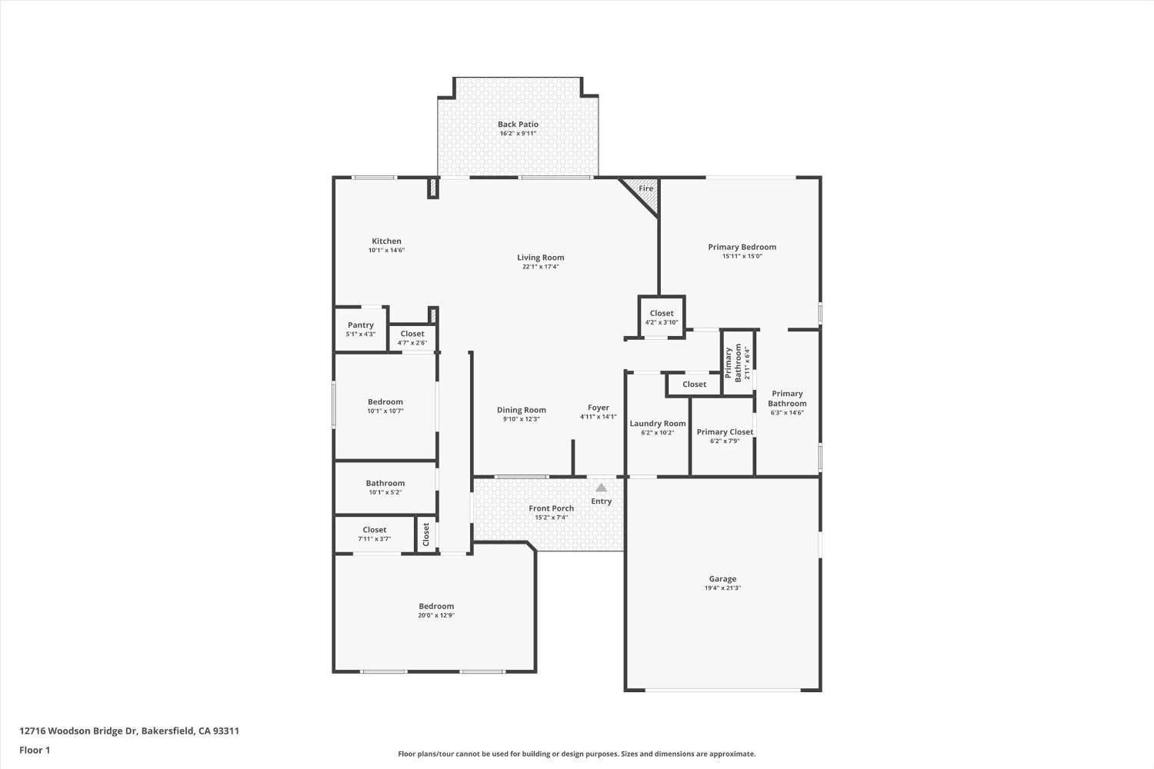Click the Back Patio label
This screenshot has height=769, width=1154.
point(518,125)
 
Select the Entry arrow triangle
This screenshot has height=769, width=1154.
point(601,488)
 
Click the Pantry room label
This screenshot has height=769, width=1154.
point(361,325)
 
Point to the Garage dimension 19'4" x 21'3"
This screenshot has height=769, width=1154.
point(722,588)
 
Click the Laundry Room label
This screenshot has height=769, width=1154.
point(658,424)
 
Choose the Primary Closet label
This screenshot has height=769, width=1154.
point(725,432)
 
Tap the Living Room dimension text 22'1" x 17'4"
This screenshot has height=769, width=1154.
point(541,267)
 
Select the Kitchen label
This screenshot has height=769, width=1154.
point(386,241)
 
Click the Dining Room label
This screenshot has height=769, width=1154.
point(521,411)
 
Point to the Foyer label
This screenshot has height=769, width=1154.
point(599,408)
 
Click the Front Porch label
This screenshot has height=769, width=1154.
point(551,508)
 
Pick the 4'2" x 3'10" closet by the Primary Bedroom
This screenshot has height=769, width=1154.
point(662,317)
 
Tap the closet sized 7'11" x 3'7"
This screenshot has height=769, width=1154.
point(375,534)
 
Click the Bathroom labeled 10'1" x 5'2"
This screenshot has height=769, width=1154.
point(385,487)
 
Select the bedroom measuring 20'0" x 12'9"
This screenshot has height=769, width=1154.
point(436,611)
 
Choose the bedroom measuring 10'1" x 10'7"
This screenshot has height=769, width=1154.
point(385,406)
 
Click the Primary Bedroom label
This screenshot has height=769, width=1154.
point(742,248)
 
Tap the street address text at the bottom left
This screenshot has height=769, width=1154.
point(129,731)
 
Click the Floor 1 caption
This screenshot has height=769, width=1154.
point(35,750)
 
